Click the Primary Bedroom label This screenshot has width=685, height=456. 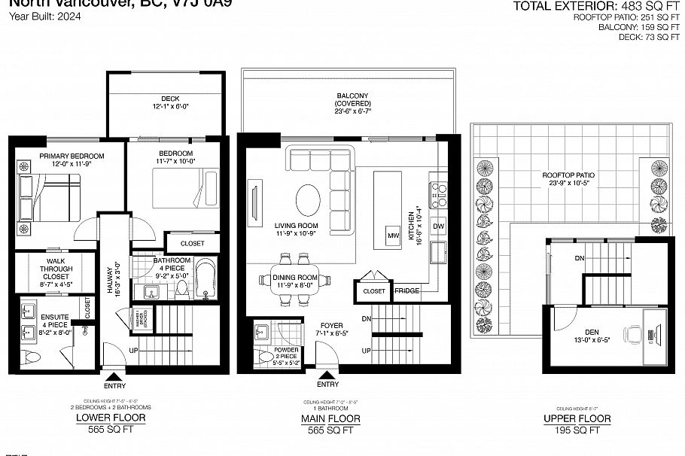[x=72, y=156]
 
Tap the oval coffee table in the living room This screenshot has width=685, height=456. [x=306, y=200]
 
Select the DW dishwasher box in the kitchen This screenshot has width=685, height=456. [x=439, y=226]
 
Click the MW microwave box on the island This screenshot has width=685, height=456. [x=392, y=236]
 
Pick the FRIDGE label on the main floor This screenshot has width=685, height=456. [x=406, y=290]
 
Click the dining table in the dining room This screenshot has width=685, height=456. [x=294, y=279]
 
